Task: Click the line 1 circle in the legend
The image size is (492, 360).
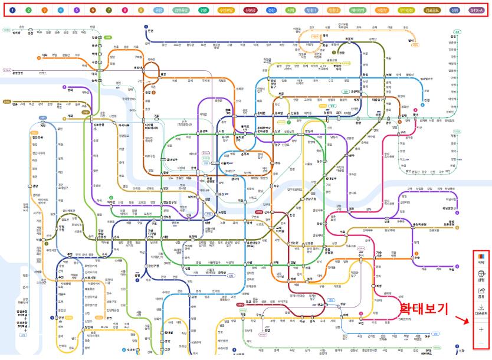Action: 13,11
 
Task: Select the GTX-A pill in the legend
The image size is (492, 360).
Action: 476,11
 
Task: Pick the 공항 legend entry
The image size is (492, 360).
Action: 158,11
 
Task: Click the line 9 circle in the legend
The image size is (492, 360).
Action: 140,11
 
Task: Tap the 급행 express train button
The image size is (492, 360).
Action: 481,276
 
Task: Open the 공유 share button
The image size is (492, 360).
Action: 481,293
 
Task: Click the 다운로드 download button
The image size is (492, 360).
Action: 481,310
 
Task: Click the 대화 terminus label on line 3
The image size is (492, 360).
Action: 45,54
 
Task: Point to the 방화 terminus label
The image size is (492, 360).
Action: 70,90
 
